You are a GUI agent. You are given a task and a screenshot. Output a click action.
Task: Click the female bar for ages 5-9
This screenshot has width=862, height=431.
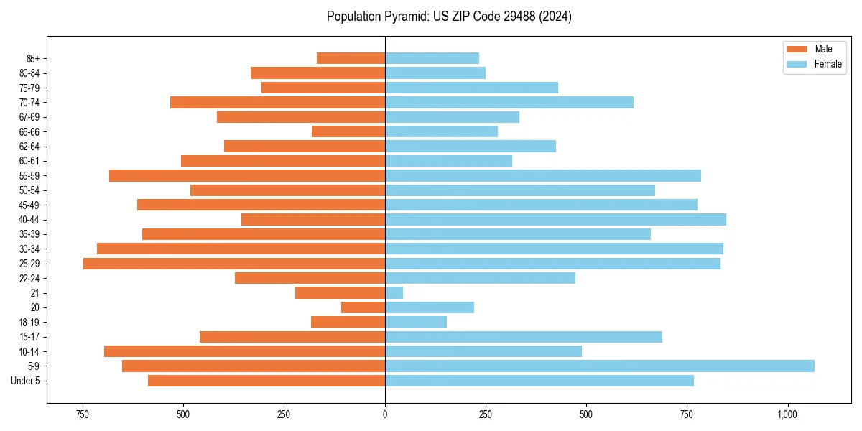(600, 366)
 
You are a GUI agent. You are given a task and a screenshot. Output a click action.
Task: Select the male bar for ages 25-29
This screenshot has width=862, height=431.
(234, 264)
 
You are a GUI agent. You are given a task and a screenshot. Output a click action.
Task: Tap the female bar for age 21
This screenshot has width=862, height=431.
(394, 293)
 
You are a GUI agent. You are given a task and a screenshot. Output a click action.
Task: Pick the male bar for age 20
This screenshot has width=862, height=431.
(363, 307)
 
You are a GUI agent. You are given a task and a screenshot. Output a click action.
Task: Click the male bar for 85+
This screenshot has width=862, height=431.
(351, 58)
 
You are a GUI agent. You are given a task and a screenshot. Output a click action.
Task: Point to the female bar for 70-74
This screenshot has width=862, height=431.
(509, 103)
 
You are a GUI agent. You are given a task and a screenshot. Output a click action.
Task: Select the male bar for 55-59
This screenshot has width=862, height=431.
(247, 176)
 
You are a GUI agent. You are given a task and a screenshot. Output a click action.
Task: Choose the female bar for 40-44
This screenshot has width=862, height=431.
(555, 220)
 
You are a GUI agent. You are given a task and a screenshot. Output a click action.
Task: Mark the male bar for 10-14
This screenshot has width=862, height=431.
(245, 351)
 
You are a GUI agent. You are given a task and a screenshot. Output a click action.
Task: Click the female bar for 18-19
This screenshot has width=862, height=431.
(416, 322)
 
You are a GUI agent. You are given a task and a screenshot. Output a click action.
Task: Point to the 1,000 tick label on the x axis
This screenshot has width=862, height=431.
(787, 414)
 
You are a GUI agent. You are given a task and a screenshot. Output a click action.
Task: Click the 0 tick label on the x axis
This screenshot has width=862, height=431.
(385, 414)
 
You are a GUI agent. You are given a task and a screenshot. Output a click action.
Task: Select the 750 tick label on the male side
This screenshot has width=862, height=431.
(83, 414)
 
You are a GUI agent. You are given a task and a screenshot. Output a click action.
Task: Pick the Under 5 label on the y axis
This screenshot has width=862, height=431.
(26, 381)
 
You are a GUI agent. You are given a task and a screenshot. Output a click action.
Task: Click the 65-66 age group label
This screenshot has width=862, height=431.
(29, 132)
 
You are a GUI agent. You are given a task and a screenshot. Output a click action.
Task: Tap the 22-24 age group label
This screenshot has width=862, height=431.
(29, 279)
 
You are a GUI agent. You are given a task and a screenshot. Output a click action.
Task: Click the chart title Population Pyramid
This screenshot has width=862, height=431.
(449, 17)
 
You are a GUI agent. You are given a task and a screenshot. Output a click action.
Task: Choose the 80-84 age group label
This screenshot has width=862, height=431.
(29, 73)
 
